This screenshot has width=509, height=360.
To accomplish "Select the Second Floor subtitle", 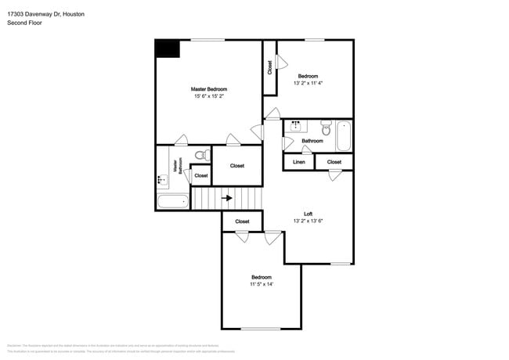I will (x=24, y=23).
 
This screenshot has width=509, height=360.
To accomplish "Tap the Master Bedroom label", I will (x=209, y=89).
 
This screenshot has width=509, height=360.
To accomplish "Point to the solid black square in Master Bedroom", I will (x=167, y=49).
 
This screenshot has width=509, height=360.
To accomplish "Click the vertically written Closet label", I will (x=269, y=67).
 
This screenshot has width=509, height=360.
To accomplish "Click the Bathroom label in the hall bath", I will (x=312, y=141).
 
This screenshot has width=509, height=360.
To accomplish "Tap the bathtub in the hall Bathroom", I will (x=343, y=135).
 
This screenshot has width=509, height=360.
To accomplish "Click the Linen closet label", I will (x=298, y=162).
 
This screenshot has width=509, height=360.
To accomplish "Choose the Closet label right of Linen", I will (x=334, y=162).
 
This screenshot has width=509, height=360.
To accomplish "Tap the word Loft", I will (x=309, y=214).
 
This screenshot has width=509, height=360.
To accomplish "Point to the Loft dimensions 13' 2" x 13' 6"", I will (x=308, y=221).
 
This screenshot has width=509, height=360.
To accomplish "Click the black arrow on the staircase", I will (x=227, y=198).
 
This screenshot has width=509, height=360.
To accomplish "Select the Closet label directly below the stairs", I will (x=242, y=221).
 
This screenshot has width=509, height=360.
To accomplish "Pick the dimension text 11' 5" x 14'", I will (x=261, y=285).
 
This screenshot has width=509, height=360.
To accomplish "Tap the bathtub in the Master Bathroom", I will (x=172, y=202).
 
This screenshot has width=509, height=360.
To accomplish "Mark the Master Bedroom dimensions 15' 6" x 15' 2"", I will (x=209, y=96).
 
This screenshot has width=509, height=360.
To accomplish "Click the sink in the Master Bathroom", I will (x=162, y=180).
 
